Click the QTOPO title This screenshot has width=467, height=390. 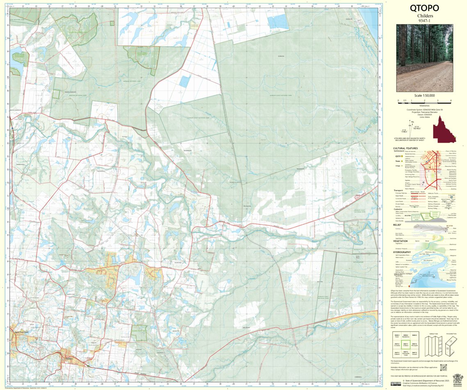[x=424, y=8]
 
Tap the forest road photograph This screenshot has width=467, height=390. [x=424, y=58]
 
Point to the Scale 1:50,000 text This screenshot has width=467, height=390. [x=424, y=95]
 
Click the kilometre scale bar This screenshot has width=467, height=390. [x=424, y=100]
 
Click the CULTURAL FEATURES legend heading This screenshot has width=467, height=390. [x=405, y=148]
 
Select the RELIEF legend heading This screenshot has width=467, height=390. [x=397, y=225]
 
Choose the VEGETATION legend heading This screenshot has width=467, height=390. [x=401, y=241]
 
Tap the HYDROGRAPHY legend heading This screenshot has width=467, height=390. [x=402, y=252]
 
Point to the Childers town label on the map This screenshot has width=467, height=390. [x=68, y=359]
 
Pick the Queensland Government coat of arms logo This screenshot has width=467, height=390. [x=458, y=379]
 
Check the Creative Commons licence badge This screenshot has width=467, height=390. [x=396, y=383]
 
